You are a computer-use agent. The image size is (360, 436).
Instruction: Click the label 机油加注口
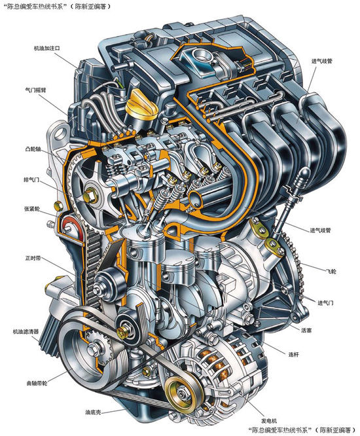click(x=46, y=48)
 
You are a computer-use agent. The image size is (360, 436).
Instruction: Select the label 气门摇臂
click(x=35, y=90)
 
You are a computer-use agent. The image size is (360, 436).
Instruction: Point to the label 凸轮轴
click(x=33, y=149)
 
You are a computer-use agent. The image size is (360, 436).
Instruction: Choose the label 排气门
click(x=31, y=180)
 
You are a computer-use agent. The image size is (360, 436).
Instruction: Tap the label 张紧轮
click(x=32, y=209)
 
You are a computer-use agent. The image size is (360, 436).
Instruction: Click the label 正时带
click(x=33, y=259)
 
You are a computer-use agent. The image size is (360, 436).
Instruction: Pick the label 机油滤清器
click(x=26, y=331)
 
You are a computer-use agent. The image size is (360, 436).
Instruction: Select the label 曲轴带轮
click(x=37, y=384)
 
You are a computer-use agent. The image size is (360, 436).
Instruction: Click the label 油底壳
click(x=93, y=412)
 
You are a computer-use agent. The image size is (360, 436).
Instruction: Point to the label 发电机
click(x=269, y=421)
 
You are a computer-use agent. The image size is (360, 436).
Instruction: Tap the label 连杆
click(x=293, y=355)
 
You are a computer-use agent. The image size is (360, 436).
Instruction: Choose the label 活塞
click(x=306, y=331)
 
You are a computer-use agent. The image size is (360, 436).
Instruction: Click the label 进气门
click(x=325, y=302)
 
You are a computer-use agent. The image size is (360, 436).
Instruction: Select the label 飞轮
click(x=331, y=271)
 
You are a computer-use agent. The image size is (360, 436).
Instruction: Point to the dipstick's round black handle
click(x=304, y=175)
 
